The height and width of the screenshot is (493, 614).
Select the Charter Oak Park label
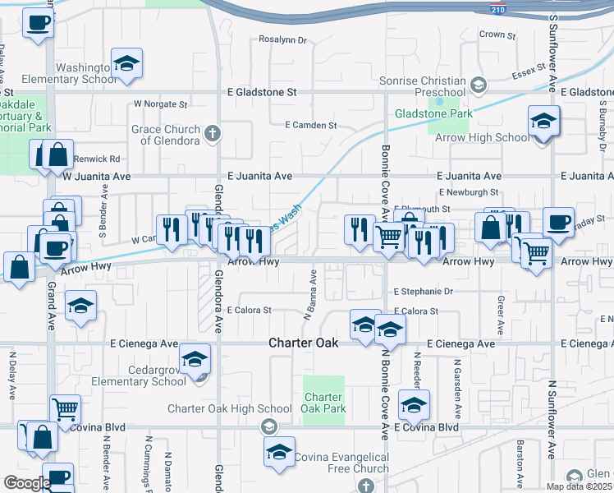point(323,403)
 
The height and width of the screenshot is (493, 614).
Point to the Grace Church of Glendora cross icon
point(213,134)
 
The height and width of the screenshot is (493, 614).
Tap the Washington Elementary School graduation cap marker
point(127,65)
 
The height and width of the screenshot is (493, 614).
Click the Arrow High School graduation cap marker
point(543,122)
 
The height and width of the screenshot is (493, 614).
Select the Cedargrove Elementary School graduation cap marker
point(195,359)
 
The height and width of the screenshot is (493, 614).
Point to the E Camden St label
point(311,125)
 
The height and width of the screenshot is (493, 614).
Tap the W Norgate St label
point(161,105)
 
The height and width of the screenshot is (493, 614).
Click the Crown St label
point(497,35)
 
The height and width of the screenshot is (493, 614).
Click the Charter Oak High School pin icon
point(268,426)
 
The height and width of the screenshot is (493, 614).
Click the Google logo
point(26,483)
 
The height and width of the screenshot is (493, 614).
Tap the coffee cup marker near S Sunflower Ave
point(557,222)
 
